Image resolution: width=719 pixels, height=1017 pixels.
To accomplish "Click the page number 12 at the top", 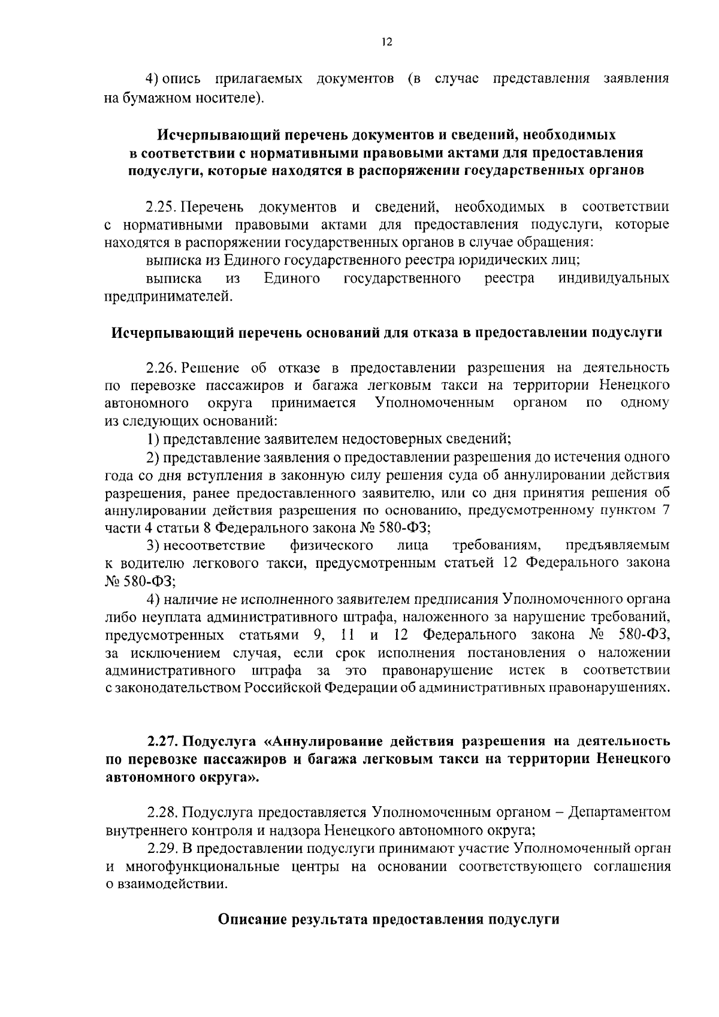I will (386, 43).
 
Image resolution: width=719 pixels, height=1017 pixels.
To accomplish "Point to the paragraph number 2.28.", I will (163, 813).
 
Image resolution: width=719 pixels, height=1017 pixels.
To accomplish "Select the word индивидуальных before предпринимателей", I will (614, 279).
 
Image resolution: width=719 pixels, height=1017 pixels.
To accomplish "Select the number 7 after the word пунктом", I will (664, 510).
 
